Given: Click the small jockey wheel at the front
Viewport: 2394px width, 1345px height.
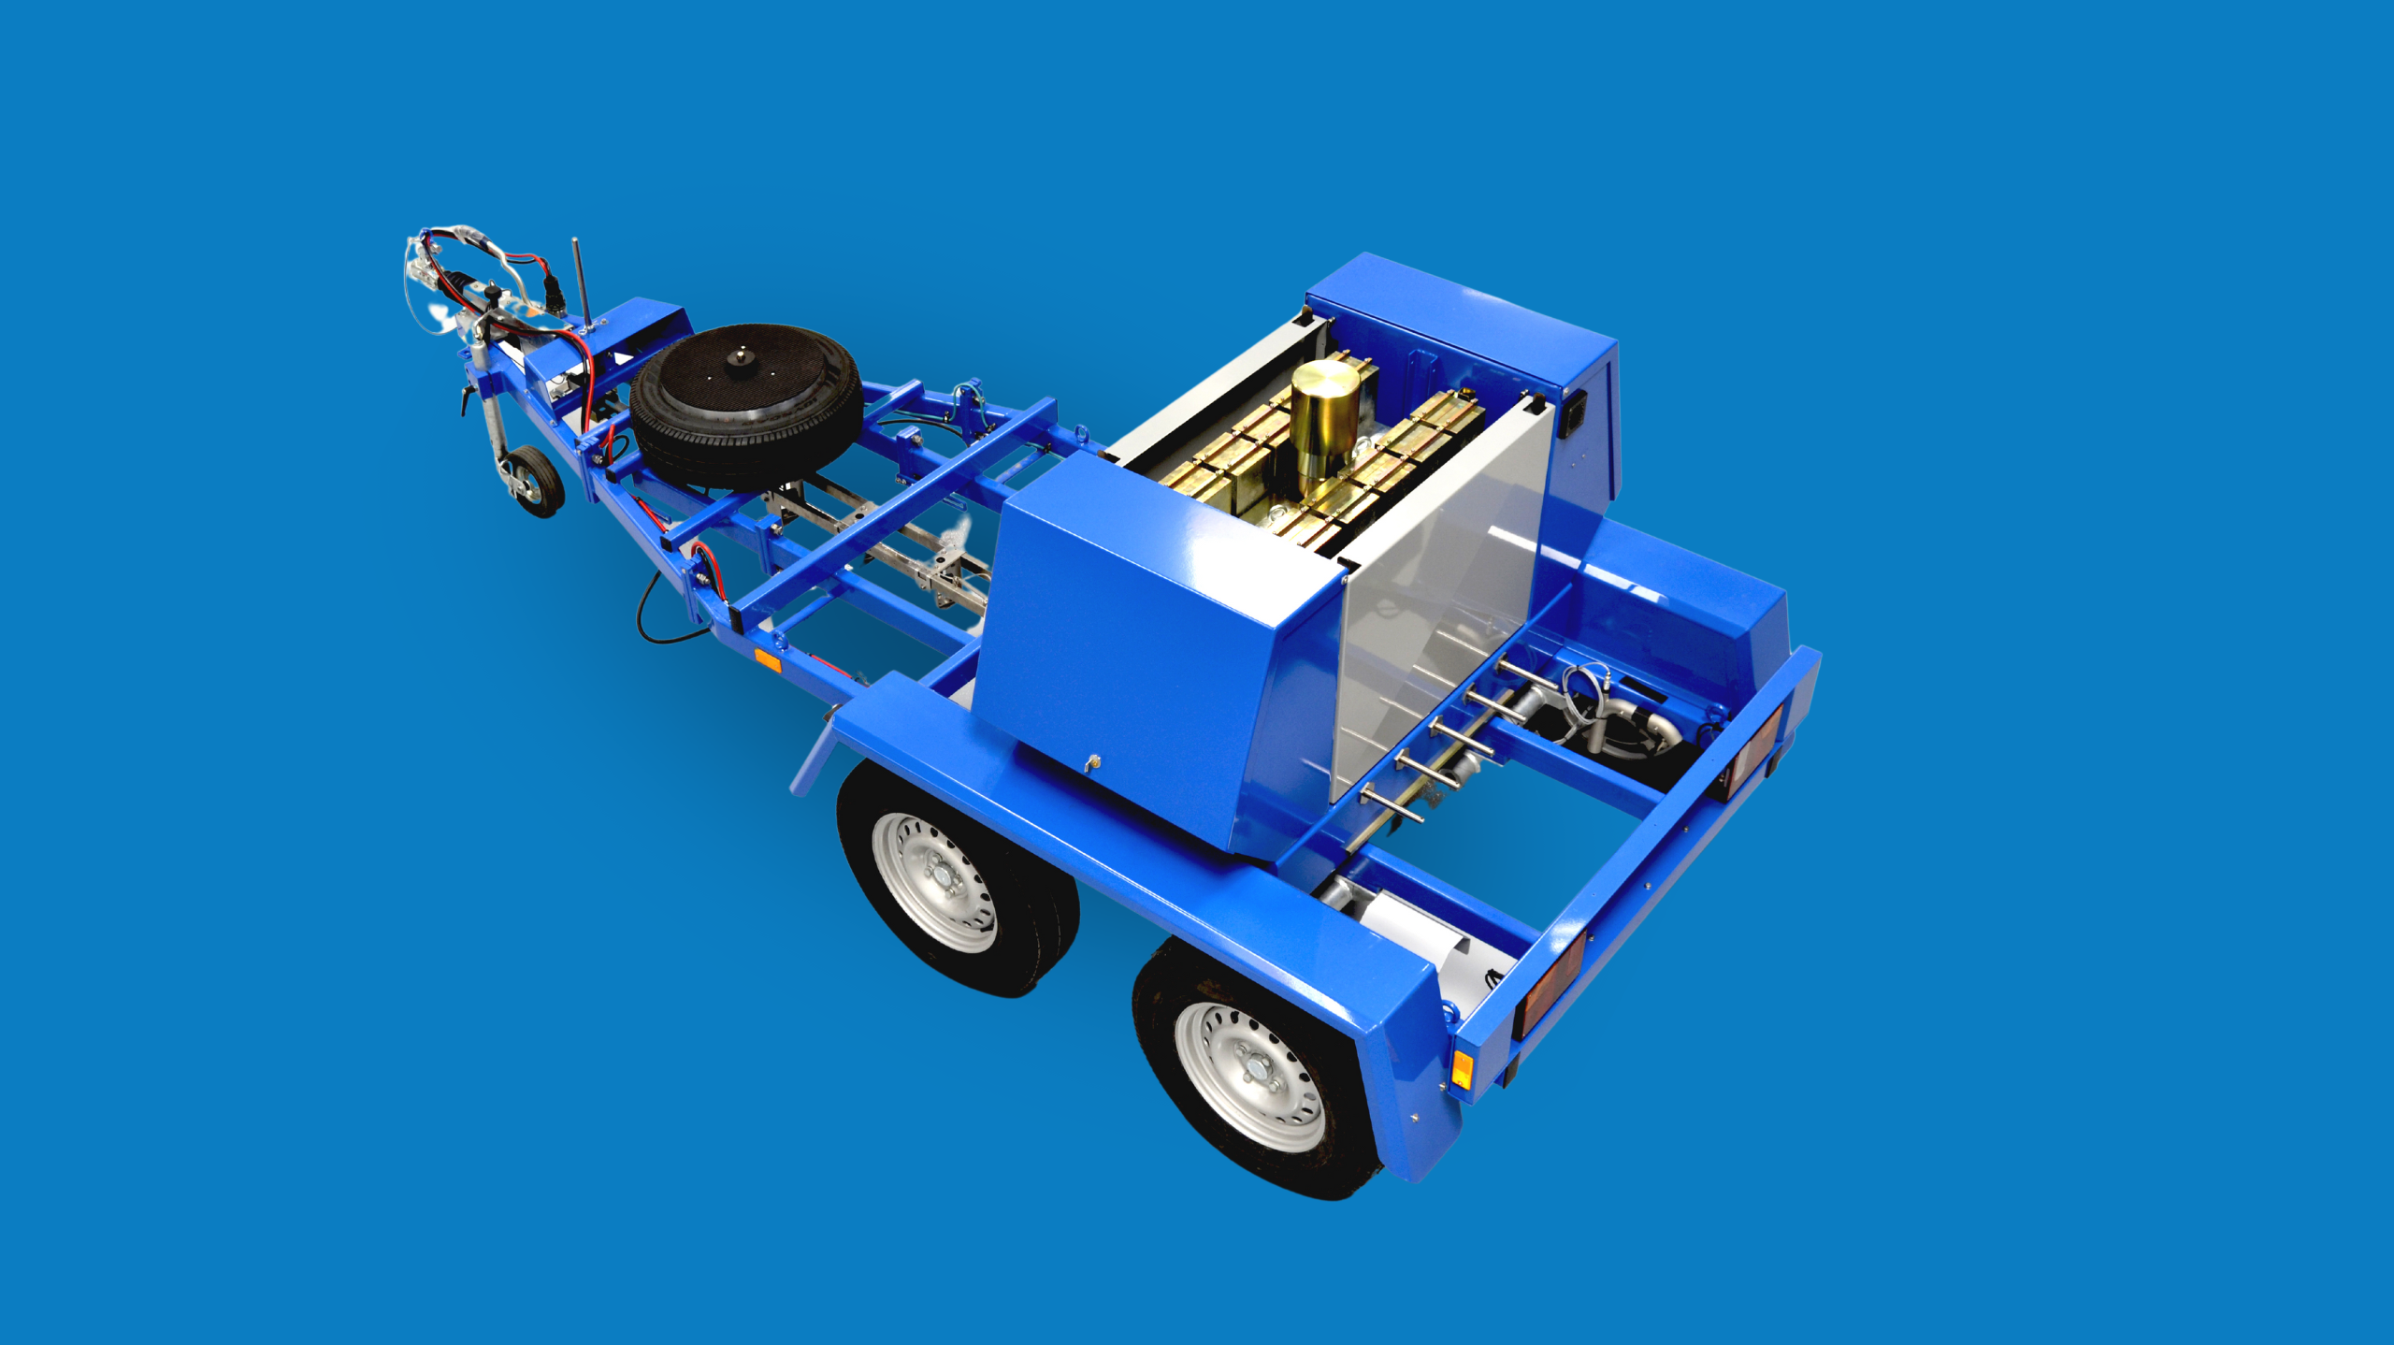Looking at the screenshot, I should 536,481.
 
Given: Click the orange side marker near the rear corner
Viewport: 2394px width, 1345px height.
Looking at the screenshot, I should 1461,1069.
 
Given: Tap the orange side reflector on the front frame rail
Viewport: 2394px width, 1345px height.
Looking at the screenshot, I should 767,661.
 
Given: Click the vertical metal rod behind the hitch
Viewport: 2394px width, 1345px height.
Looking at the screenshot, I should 580,281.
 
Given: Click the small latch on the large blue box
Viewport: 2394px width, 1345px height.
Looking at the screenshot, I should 1091,764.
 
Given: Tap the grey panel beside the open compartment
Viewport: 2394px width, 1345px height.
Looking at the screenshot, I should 1440,608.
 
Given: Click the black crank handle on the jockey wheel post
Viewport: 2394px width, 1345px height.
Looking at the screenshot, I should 465,400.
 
